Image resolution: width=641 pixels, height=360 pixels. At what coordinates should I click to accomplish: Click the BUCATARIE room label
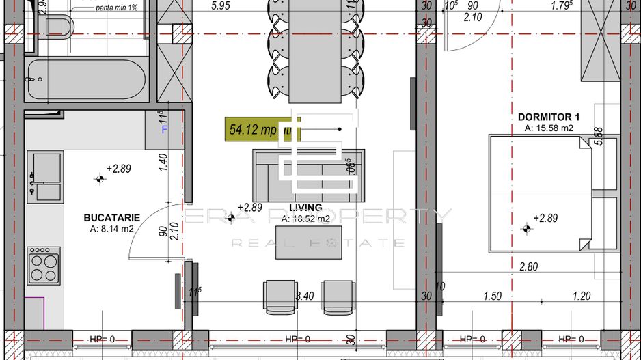(112, 217)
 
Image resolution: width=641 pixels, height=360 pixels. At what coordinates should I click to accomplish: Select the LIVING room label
(305, 208)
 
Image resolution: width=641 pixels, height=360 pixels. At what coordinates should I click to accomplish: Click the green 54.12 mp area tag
(253, 129)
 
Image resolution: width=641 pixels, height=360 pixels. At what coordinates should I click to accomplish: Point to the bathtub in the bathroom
(86, 81)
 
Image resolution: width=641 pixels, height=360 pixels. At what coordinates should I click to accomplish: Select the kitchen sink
(45, 176)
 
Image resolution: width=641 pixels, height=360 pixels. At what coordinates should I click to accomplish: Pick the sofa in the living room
(308, 171)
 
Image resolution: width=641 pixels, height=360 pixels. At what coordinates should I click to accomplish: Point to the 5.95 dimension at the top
(221, 6)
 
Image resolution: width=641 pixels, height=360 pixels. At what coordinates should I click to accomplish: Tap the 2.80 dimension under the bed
(528, 267)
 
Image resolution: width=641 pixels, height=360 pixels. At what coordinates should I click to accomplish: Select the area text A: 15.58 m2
(548, 128)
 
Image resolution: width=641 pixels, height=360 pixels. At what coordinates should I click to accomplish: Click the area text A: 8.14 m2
(111, 230)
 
